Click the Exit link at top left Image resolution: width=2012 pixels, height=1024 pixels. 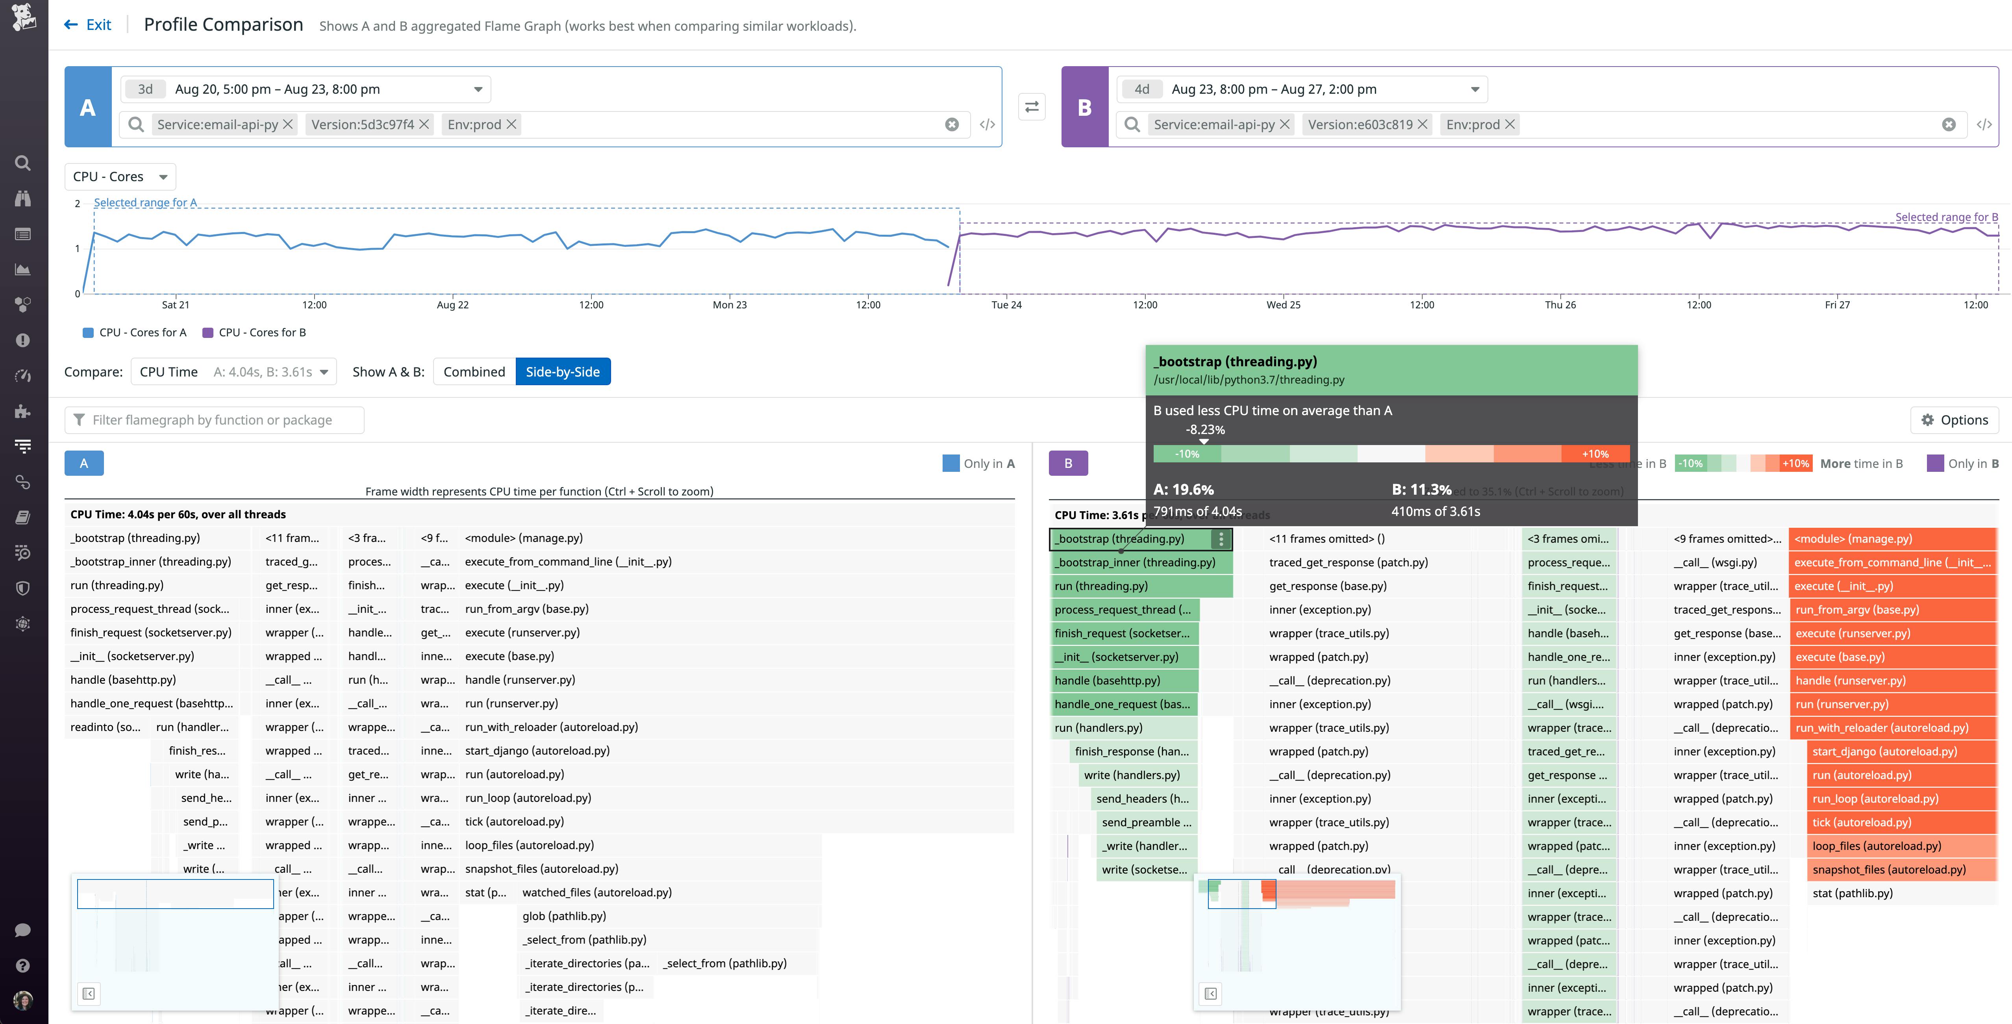88,25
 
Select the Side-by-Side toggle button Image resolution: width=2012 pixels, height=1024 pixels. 562,372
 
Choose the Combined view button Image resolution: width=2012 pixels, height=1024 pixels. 474,372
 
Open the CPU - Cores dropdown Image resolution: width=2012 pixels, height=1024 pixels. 120,176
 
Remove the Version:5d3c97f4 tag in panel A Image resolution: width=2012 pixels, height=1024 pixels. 424,124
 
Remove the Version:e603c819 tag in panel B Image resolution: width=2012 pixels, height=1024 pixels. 1422,124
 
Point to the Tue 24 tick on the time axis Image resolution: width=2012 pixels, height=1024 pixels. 1006,304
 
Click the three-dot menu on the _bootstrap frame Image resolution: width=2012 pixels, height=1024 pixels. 1221,539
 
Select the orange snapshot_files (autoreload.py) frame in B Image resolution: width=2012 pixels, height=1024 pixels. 1889,869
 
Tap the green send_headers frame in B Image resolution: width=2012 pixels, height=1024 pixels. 1142,798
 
